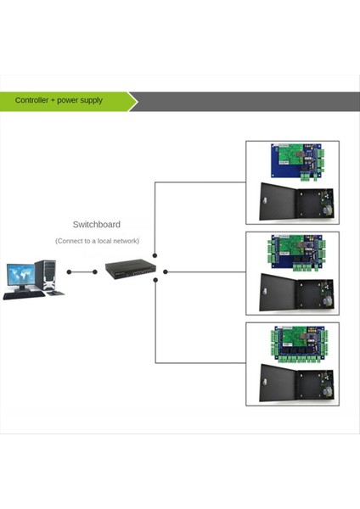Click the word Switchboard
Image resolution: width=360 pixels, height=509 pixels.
(x=96, y=225)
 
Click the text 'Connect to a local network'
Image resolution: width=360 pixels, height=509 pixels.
(x=96, y=242)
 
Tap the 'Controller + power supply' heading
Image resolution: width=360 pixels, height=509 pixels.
(x=59, y=100)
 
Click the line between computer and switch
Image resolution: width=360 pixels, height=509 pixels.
(x=82, y=272)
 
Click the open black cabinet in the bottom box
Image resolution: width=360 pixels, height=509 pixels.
(x=292, y=385)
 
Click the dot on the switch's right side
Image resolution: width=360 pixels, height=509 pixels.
(x=166, y=272)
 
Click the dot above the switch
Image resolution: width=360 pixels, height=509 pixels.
(x=155, y=255)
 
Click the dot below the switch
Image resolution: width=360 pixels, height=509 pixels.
(x=155, y=281)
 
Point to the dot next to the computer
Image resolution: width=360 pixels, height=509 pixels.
(x=69, y=272)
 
